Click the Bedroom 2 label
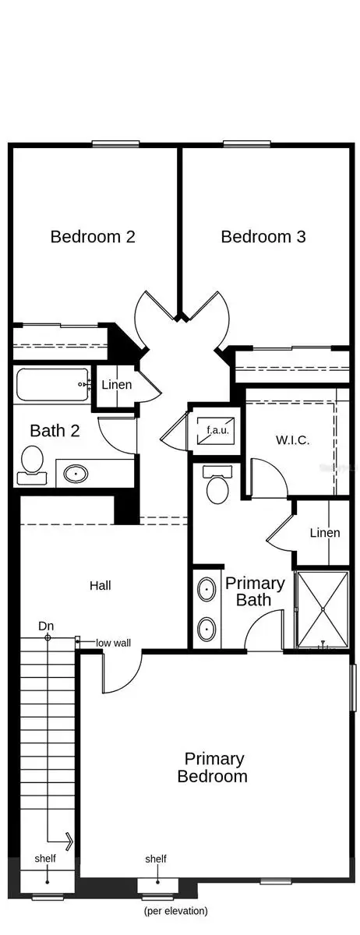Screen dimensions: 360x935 pyautogui.click(x=93, y=237)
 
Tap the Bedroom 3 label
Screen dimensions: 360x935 pyautogui.click(x=263, y=237)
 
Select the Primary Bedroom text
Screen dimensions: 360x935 pyautogui.click(x=212, y=767)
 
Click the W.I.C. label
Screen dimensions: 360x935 pyautogui.click(x=292, y=440)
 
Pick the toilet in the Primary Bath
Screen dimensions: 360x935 pyautogui.click(x=217, y=485)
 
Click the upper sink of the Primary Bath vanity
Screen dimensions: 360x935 pyautogui.click(x=206, y=589)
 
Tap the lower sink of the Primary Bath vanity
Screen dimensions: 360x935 pyautogui.click(x=206, y=629)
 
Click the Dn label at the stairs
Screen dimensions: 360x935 pyautogui.click(x=46, y=626)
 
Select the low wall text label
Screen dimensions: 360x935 pyautogui.click(x=113, y=643)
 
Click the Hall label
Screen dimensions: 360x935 pyautogui.click(x=101, y=586)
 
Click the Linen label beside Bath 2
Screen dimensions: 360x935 pyautogui.click(x=117, y=384)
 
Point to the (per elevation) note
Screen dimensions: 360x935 pyautogui.click(x=175, y=911)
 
